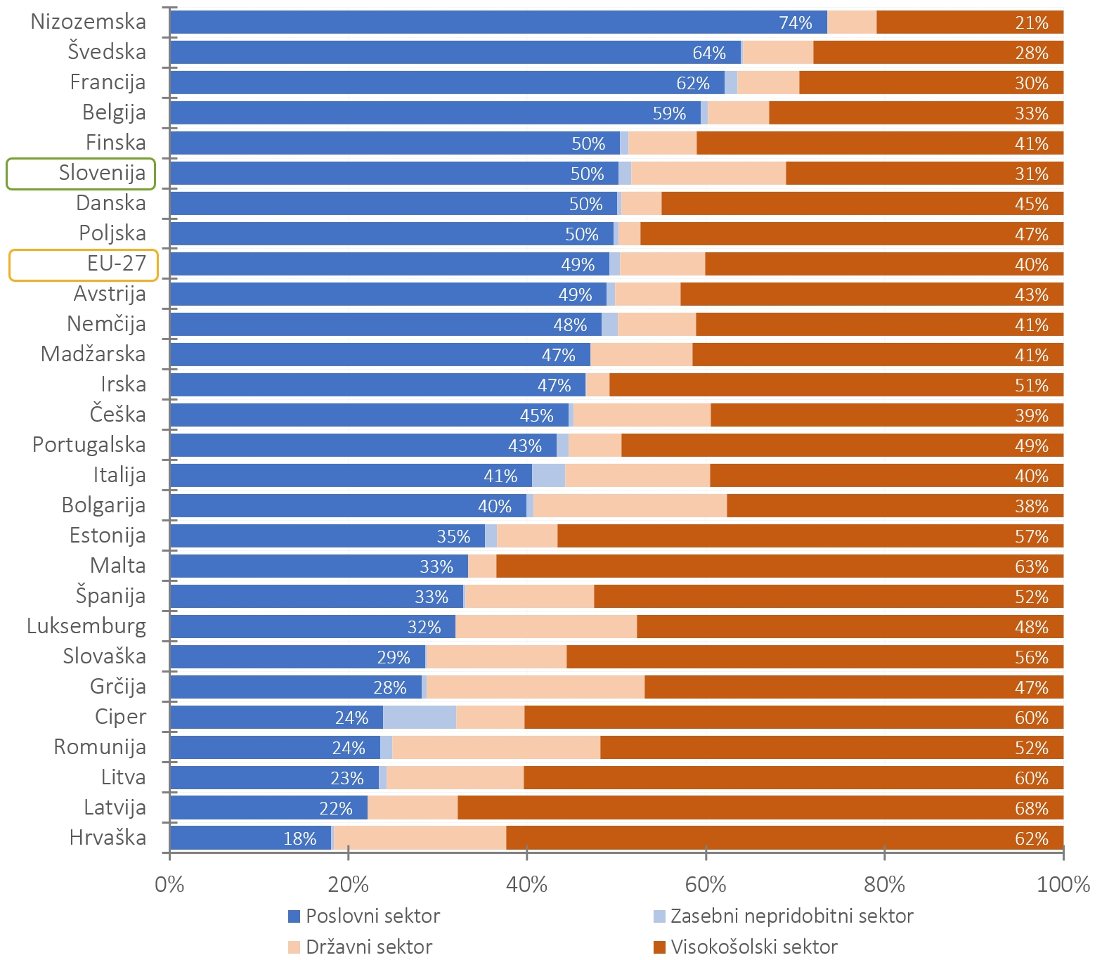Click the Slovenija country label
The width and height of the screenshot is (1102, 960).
[102, 173]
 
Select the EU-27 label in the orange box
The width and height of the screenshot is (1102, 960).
[117, 264]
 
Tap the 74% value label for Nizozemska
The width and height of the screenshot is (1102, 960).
[795, 23]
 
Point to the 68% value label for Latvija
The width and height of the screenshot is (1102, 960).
[1031, 809]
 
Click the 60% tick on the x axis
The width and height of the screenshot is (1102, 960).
[706, 884]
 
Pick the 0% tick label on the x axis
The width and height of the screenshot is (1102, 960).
[169, 884]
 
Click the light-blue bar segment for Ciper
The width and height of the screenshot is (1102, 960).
[420, 718]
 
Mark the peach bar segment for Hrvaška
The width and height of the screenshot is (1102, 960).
[420, 838]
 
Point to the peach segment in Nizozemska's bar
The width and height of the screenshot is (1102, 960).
[852, 22]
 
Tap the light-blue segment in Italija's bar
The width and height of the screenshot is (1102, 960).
[548, 476]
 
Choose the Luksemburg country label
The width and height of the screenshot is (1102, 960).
[86, 626]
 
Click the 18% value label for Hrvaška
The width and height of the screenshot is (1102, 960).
[299, 839]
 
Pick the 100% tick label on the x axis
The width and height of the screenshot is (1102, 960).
[1063, 884]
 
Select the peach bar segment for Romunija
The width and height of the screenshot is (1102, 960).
[496, 748]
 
